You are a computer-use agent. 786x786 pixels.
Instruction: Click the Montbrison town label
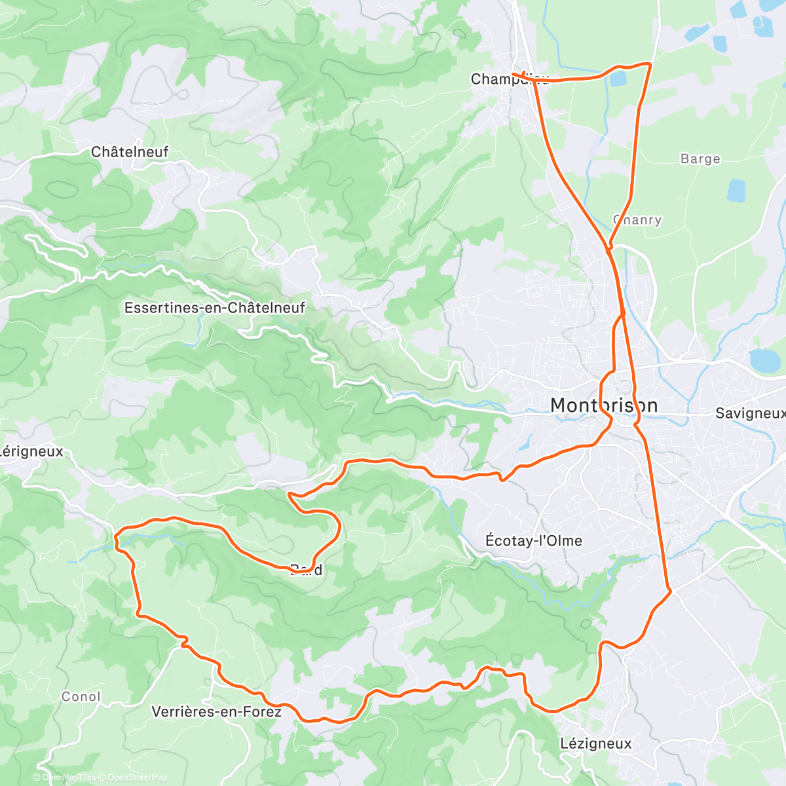tap(603, 405)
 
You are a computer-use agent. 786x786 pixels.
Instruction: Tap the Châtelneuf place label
tap(130, 152)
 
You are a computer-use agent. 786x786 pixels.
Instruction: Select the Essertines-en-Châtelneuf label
tap(215, 307)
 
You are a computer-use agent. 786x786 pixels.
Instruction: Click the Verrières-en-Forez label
tap(216, 711)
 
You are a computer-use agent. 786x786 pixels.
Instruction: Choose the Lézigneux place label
tap(596, 743)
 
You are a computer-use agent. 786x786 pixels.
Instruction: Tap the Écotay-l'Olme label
tap(533, 541)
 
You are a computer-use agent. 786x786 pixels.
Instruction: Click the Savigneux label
tap(750, 413)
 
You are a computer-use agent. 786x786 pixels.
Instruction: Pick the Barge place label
tap(700, 159)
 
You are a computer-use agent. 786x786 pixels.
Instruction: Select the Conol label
tap(81, 697)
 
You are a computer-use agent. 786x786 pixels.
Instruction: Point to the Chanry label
tap(637, 220)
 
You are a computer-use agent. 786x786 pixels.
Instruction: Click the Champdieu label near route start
tap(509, 80)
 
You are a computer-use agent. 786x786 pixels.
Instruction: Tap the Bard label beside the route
tap(307, 570)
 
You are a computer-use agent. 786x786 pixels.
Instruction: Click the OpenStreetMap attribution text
tap(137, 777)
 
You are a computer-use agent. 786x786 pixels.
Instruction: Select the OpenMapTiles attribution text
tap(68, 777)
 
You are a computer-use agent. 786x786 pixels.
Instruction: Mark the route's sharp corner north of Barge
tap(650, 64)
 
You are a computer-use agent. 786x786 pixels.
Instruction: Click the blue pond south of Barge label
tap(736, 191)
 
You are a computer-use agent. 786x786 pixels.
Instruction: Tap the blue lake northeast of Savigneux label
tap(762, 359)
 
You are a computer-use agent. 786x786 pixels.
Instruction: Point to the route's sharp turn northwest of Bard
tap(289, 495)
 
